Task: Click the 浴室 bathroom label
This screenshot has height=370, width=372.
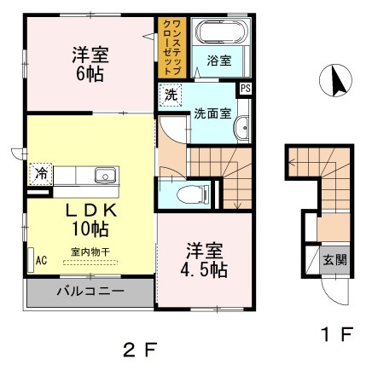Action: [x=219, y=60]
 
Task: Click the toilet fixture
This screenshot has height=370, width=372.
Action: [x=189, y=193]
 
